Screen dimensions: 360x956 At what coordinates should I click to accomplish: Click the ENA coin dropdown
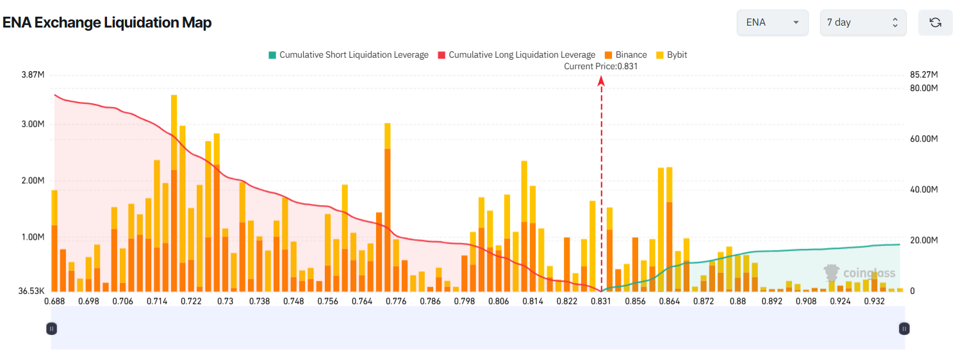774,22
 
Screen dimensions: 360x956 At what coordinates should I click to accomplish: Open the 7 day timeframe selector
862,22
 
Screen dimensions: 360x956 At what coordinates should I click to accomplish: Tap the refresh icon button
935,22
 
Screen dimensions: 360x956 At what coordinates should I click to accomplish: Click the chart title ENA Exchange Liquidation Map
107,22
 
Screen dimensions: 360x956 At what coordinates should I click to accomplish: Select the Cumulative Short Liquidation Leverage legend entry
349,55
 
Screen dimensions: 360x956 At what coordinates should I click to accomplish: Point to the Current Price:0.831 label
601,66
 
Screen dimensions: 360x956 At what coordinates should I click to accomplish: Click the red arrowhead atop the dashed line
601,80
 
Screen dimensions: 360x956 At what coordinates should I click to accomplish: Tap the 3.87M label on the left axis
33,75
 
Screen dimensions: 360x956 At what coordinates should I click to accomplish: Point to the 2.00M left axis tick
33,181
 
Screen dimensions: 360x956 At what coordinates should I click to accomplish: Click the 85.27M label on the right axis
924,75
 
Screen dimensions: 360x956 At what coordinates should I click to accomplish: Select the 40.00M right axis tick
924,190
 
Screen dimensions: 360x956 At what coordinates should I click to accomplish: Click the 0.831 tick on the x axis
600,301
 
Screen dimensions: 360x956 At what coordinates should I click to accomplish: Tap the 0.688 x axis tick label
54,301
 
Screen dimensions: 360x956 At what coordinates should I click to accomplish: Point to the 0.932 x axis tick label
874,301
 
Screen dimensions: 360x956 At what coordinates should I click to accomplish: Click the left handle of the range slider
52,329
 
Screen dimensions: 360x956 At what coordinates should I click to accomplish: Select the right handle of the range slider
904,329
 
